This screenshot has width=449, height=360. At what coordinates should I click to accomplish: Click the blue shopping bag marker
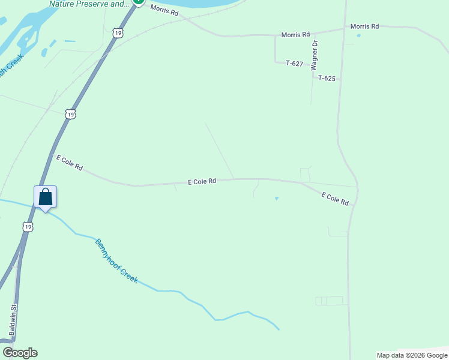tap(45, 197)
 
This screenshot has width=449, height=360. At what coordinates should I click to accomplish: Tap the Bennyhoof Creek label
tap(116, 261)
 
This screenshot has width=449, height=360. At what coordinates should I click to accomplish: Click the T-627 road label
tap(295, 63)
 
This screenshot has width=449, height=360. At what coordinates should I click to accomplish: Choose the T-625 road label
tap(327, 78)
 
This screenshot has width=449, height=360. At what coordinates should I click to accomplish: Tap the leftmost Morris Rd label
tap(164, 10)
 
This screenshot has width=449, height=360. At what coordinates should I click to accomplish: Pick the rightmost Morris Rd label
tap(364, 26)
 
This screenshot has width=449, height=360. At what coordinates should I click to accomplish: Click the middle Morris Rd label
tap(296, 35)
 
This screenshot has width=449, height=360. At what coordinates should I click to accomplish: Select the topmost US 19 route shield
tap(118, 34)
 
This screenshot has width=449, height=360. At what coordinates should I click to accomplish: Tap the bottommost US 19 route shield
tap(28, 227)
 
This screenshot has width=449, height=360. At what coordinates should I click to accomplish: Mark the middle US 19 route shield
tap(71, 114)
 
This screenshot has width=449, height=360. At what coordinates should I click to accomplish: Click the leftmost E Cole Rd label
tap(69, 163)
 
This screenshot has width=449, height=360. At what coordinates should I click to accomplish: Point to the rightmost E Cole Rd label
tap(335, 199)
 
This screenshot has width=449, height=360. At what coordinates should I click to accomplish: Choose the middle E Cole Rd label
tap(202, 181)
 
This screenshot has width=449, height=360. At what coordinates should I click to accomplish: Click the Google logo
tap(20, 353)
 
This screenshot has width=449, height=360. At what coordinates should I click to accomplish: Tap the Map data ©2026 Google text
tap(412, 355)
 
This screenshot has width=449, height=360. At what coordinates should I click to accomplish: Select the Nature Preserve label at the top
tap(89, 4)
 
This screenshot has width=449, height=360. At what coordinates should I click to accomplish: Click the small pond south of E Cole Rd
tap(277, 199)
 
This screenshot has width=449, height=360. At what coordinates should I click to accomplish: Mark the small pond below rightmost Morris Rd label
tap(359, 36)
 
